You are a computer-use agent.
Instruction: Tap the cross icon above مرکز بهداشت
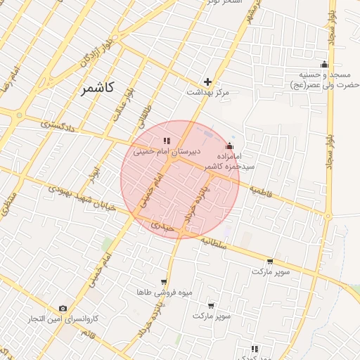pyautogui.click(x=207, y=82)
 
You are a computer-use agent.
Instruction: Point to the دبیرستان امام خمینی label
pyautogui.click(x=166, y=151)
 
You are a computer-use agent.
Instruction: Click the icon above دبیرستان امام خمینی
pyautogui.click(x=167, y=141)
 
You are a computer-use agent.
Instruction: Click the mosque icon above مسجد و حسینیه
pyautogui.click(x=324, y=65)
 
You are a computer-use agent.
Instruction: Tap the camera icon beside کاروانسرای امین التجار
pyautogui.click(x=63, y=308)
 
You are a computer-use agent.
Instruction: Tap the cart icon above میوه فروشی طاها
pyautogui.click(x=164, y=281)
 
